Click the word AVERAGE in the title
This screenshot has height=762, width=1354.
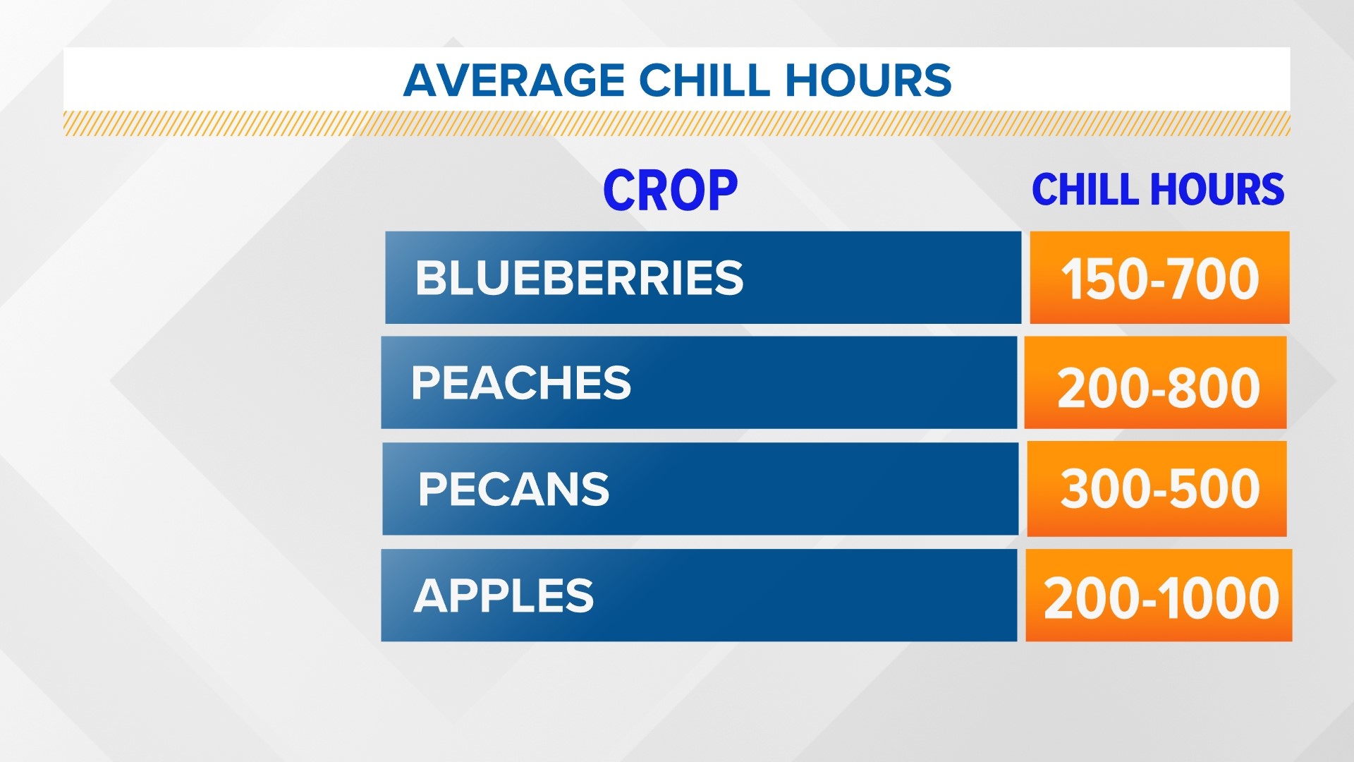click(514, 80)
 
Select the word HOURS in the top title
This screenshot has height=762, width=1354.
click(868, 80)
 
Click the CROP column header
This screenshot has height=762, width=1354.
click(670, 190)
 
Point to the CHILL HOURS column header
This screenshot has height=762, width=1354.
click(1158, 190)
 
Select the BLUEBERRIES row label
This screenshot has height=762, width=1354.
click(579, 278)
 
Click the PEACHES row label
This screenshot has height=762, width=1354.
click(520, 383)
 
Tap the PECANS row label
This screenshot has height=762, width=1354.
click(513, 489)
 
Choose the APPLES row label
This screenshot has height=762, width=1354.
click(504, 595)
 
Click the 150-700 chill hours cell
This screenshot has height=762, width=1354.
click(1159, 278)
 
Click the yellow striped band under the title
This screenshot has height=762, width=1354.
click(677, 123)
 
